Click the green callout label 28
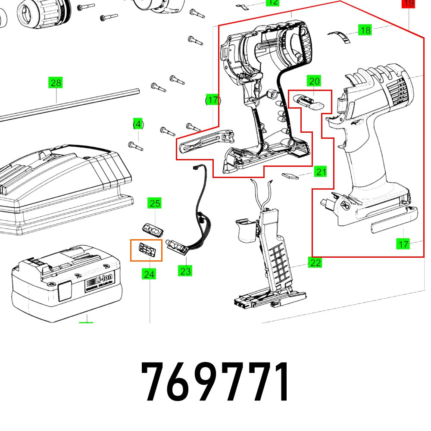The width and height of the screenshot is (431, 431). (56, 82)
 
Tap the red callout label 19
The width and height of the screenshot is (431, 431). (408, 4)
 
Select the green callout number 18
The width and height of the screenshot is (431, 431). (365, 30)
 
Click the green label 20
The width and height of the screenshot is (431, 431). (314, 81)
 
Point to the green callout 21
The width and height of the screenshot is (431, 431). (320, 172)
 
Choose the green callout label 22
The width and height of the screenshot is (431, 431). (315, 262)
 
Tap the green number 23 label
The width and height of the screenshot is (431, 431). (185, 271)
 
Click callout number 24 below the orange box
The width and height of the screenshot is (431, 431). (150, 274)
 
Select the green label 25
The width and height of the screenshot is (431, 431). (155, 203)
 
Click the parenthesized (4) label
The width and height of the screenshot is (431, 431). (137, 124)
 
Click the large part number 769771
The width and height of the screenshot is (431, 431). (215, 383)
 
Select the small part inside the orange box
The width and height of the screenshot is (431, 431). (146, 250)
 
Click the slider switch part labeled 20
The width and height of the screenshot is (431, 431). (309, 102)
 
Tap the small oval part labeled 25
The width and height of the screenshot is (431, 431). (153, 229)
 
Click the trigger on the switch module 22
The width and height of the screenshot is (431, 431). (245, 228)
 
